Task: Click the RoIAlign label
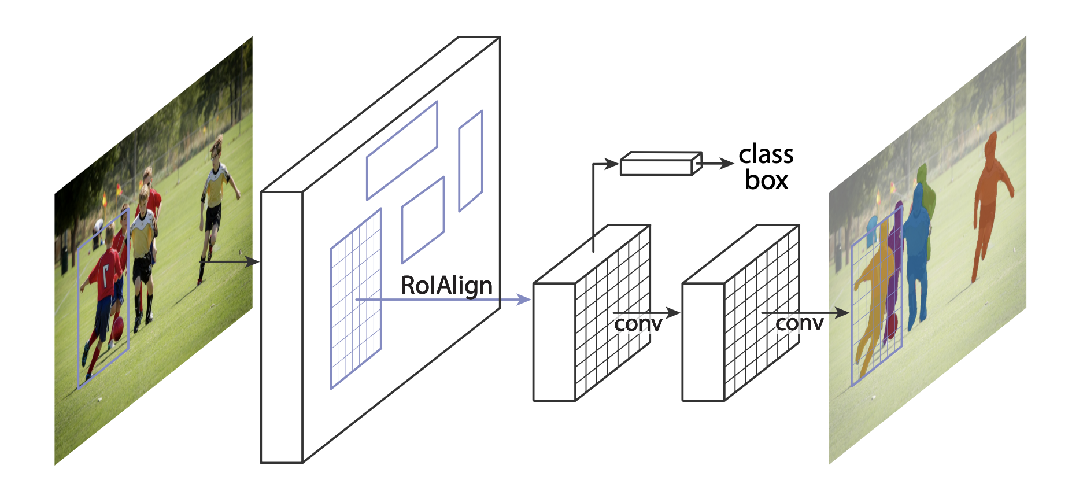(446, 286)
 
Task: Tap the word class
(766, 154)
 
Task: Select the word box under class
(766, 180)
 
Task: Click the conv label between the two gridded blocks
(638, 324)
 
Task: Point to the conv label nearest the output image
(799, 323)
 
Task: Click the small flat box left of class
(660, 164)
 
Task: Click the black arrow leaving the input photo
(229, 262)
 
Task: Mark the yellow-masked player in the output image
(874, 289)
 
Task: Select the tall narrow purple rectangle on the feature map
(470, 161)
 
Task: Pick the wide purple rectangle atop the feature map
(402, 150)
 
